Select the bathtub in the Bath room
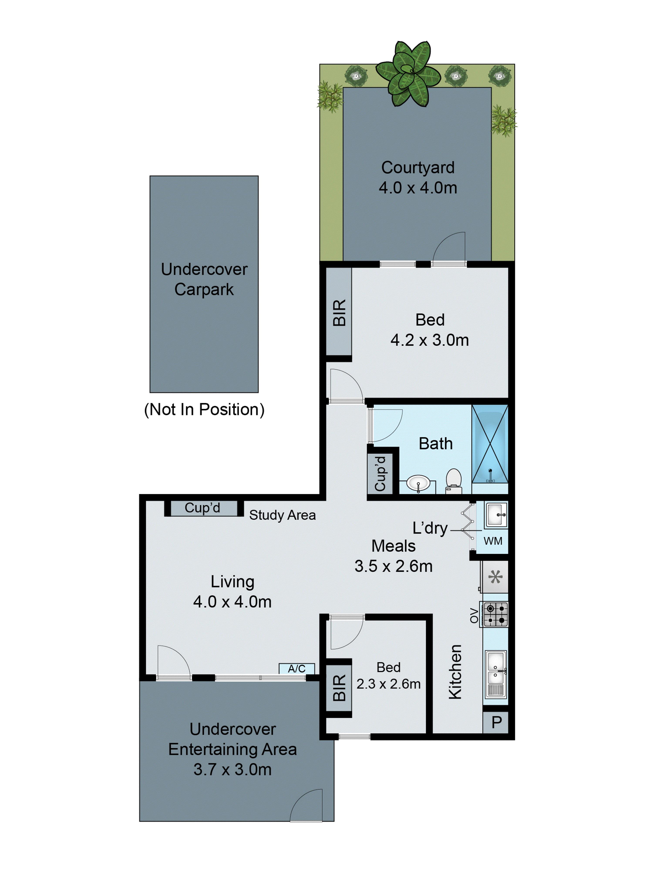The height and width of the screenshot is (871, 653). [x=490, y=444]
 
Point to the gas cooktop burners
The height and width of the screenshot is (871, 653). [x=496, y=614]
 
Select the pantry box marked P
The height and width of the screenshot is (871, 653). [x=496, y=722]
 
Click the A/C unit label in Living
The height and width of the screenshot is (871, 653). [x=296, y=669]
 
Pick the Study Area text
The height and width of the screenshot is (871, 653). [x=282, y=515]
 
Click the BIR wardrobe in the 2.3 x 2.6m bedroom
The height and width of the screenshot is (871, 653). [x=339, y=688]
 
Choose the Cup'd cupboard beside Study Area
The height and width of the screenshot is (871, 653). [x=202, y=508]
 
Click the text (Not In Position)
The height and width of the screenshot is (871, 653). [x=204, y=409]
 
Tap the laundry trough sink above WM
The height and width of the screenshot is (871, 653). [x=496, y=515]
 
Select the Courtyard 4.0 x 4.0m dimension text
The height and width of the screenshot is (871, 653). [x=418, y=188]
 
